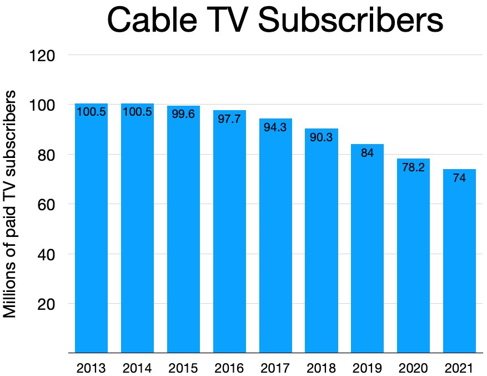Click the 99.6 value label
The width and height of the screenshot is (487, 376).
coord(183,115)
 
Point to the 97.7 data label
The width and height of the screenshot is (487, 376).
coord(229,119)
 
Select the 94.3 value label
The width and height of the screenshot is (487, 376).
coord(275,127)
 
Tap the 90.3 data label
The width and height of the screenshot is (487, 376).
coord(321,137)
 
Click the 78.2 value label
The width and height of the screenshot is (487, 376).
coord(413,167)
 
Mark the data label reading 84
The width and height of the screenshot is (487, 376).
coord(367,153)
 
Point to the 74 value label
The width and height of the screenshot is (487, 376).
coord(459,178)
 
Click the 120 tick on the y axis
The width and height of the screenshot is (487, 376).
coord(43,55)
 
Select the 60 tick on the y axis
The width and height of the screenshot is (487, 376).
coord(47,204)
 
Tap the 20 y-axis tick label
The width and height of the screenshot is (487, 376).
coord(47,304)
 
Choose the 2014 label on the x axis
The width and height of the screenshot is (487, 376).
coord(137,368)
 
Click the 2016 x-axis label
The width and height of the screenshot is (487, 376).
coord(229,368)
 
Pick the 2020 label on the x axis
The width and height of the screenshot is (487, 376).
coord(413,368)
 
